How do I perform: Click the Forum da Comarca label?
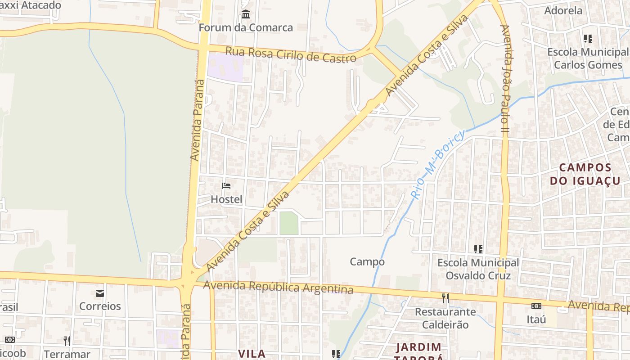[246, 27]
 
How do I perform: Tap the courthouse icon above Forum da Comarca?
[246, 14]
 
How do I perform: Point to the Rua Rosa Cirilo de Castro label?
[291, 54]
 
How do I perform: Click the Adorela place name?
[563, 10]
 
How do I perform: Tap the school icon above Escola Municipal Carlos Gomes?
[588, 39]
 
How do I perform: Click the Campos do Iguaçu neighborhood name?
[585, 174]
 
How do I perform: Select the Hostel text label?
[226, 199]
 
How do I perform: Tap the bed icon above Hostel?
[226, 185]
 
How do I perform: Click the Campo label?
[367, 261]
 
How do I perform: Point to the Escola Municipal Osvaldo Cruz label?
[478, 269]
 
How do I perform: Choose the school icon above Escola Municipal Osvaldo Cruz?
[478, 249]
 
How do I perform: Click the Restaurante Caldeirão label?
[445, 318]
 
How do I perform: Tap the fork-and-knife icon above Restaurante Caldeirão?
[445, 298]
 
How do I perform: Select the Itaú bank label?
[536, 319]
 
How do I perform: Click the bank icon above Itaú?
[536, 306]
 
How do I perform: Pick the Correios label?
[100, 306]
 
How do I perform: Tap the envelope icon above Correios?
[100, 293]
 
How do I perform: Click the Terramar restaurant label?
[67, 354]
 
